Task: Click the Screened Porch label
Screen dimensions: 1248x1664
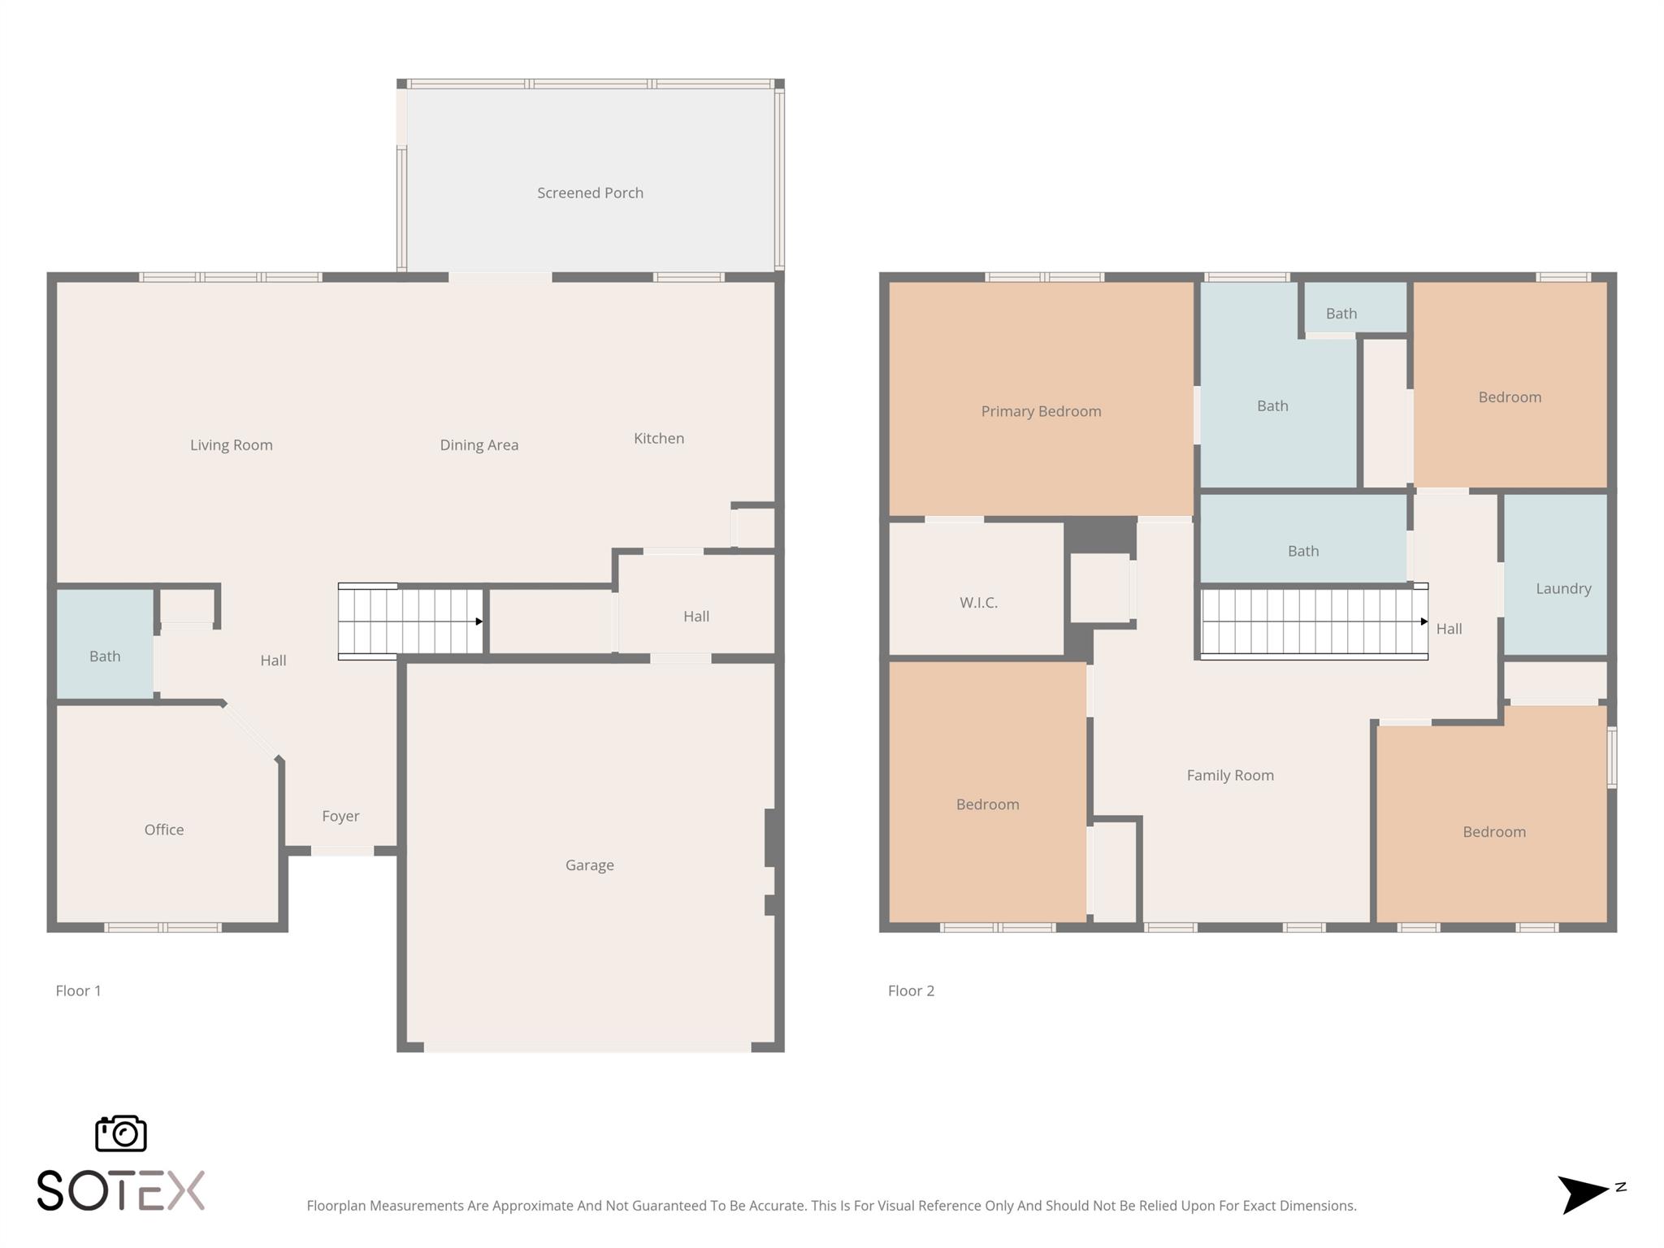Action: click(x=590, y=193)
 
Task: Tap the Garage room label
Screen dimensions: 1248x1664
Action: click(x=589, y=865)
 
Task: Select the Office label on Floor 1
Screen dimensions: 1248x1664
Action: click(x=163, y=830)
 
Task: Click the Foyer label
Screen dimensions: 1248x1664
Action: click(x=340, y=816)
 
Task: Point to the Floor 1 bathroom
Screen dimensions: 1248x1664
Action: click(x=105, y=656)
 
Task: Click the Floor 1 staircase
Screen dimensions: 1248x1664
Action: click(x=410, y=621)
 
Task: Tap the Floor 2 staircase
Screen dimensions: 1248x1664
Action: click(x=1312, y=622)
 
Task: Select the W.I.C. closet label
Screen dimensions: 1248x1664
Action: click(x=977, y=602)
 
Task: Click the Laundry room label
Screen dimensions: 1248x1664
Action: click(x=1562, y=588)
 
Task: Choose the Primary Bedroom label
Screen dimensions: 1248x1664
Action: click(x=1041, y=411)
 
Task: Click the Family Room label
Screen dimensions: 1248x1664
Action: click(x=1229, y=775)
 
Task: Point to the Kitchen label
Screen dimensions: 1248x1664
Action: click(x=658, y=438)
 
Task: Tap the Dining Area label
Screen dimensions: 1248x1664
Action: click(x=479, y=444)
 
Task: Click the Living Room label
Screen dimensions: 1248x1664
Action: click(x=231, y=444)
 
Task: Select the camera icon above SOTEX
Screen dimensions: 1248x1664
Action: click(x=120, y=1133)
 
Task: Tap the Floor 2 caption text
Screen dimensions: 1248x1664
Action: click(x=910, y=990)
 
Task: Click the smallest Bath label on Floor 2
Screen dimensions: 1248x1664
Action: click(x=1341, y=313)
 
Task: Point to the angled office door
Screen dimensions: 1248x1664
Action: click(x=251, y=731)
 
